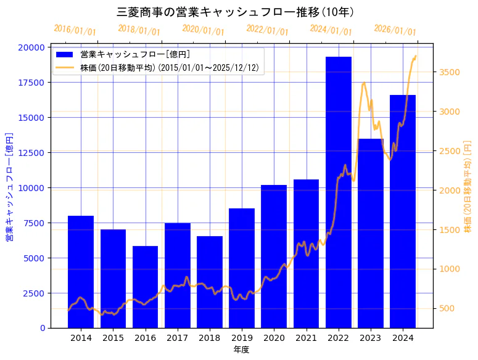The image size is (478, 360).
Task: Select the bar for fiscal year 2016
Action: [145, 287]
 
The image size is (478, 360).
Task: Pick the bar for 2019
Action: [242, 268]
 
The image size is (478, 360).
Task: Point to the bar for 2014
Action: [81, 272]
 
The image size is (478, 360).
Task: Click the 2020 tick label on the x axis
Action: [274, 338]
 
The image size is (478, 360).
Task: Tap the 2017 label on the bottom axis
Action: [177, 338]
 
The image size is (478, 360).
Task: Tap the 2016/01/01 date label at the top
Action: [75, 30]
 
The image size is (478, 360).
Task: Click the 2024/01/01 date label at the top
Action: [331, 30]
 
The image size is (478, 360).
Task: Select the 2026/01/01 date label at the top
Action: [395, 30]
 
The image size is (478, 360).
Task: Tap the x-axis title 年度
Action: [241, 350]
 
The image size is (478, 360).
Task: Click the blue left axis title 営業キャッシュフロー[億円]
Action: [9, 186]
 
